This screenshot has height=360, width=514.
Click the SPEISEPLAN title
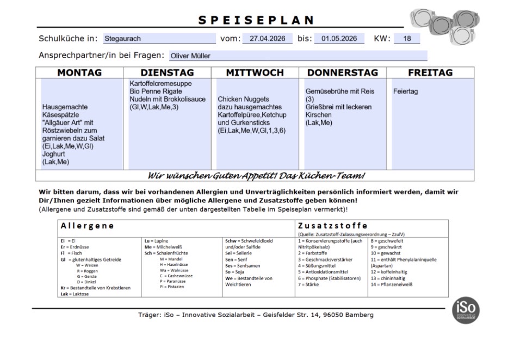coord(256,21)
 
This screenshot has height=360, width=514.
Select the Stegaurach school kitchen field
coord(159,39)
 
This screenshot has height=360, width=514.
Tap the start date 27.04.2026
coord(267,39)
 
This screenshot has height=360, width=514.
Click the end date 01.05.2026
coord(339,39)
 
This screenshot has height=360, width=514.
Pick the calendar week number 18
coord(407,39)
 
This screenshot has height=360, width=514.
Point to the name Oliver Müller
coord(190,55)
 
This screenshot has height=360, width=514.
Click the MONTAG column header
coord(79,73)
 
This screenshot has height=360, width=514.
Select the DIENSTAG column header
coord(167,73)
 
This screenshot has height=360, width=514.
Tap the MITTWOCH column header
coord(255,73)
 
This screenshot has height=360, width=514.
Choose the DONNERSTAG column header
coord(342,73)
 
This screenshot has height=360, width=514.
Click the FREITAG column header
coord(430,73)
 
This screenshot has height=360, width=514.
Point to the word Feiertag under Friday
coord(406,91)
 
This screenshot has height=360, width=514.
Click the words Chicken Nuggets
coord(243,100)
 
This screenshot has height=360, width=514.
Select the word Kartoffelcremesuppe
coord(161,84)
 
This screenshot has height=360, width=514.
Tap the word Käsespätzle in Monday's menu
coord(60,115)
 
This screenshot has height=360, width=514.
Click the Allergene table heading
coord(87,226)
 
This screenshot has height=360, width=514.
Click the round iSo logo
coord(466,311)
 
